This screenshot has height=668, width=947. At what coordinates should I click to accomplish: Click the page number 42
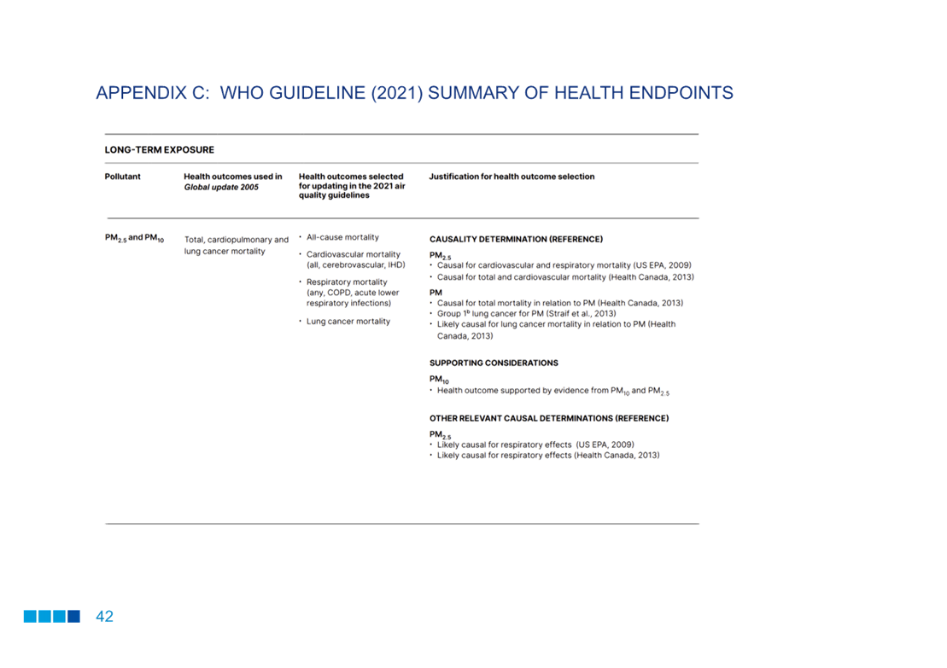pos(104,616)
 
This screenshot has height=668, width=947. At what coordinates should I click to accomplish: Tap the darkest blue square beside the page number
pos(73,616)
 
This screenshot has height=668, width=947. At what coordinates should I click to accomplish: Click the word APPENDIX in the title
pos(140,93)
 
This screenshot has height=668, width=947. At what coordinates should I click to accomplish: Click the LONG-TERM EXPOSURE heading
pos(160,149)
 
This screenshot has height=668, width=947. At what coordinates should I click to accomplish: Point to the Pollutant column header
pos(123,177)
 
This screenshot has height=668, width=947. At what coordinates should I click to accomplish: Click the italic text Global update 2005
pos(221,187)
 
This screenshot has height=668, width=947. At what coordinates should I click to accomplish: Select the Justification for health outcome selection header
pos(511,177)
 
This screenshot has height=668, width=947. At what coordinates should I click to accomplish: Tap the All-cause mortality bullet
pos(342,237)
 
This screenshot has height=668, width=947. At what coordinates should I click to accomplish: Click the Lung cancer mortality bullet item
pos(348,321)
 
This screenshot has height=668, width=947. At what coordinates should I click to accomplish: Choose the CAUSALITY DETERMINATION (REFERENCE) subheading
pos(516,240)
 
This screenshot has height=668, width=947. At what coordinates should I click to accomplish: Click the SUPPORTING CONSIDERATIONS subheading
pos(494,363)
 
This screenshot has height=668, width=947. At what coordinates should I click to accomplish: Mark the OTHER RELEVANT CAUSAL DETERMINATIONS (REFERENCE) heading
pos(549,418)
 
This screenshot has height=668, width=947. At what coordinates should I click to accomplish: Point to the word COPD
pos(339,293)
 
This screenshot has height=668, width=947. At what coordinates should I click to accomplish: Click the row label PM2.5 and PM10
pos(134,238)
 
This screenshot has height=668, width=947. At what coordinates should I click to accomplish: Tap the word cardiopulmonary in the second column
pos(239,241)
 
